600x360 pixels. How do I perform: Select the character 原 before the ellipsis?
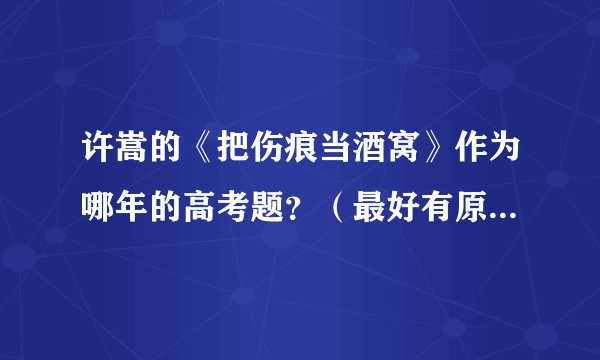click(494, 202)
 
